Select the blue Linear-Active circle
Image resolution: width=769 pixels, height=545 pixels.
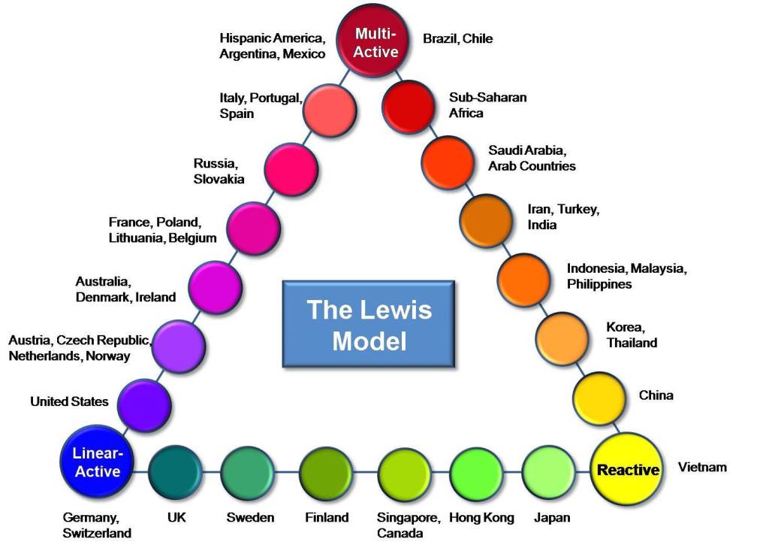(97, 462)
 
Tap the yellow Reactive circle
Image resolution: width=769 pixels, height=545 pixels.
(628, 470)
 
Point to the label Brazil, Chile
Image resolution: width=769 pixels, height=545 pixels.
(458, 38)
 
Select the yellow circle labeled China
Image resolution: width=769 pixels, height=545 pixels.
(599, 395)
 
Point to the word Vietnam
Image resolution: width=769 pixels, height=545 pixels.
(702, 468)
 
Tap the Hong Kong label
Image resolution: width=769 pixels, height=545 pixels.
(481, 517)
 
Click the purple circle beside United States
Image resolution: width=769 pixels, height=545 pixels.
(144, 404)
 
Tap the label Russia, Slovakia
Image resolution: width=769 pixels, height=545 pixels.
(219, 171)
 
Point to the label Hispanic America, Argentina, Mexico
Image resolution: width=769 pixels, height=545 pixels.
(272, 46)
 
